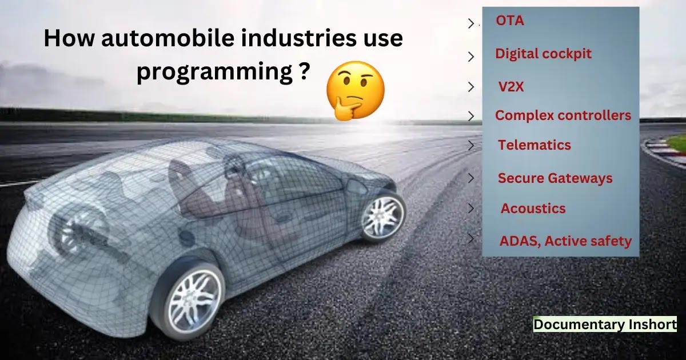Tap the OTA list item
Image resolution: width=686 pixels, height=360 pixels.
point(510,22)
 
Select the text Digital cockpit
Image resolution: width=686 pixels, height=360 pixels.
point(543,54)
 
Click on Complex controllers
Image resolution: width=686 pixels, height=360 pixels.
point(563,115)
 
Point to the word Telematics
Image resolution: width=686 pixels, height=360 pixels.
point(535,145)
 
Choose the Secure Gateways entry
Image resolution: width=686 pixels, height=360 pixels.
point(555,178)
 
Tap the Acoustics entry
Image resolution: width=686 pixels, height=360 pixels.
point(533,209)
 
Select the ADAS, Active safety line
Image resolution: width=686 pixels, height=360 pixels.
point(565,241)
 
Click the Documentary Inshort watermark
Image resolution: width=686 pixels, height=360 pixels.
point(605,325)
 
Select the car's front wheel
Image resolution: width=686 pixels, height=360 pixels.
point(383,217)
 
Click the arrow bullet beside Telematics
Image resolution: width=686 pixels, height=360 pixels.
point(471,145)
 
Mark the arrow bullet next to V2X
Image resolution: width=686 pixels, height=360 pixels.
point(471,87)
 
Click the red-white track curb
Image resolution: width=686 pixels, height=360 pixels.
point(663,150)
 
